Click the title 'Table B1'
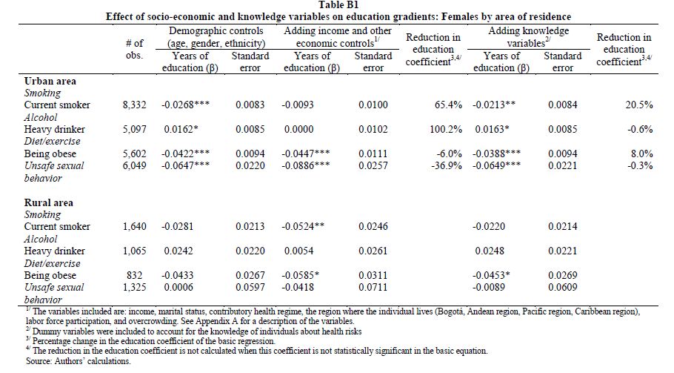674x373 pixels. click(338, 5)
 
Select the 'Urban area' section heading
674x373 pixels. click(50, 81)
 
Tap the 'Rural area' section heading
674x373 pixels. click(49, 202)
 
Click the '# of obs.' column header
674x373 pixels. click(134, 49)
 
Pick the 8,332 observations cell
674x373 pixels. click(135, 105)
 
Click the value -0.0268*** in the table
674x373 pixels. click(186, 105)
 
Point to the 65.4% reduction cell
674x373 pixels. click(448, 105)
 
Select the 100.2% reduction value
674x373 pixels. click(446, 129)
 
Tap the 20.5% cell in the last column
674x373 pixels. click(639, 105)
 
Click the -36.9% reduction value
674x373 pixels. click(447, 165)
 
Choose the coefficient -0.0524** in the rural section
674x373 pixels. click(303, 226)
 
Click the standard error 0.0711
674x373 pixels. click(373, 288)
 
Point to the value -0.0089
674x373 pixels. click(489, 288)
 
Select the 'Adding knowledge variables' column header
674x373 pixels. click(528, 37)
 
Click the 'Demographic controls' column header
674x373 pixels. click(216, 37)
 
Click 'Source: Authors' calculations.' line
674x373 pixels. click(78, 361)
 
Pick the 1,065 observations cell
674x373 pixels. click(135, 251)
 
